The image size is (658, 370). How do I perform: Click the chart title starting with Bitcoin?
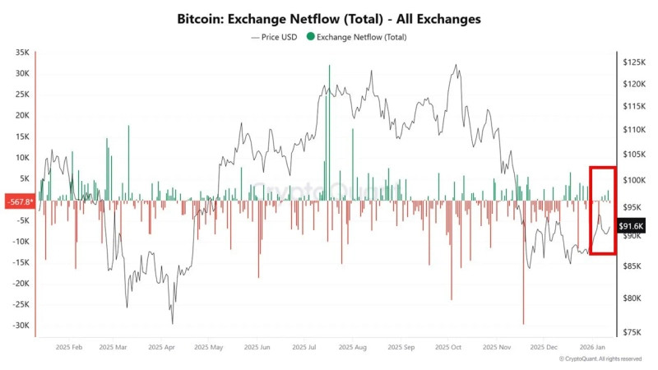click(329, 18)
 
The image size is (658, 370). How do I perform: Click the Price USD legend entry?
click(274, 37)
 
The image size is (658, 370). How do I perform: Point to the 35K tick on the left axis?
click(21, 52)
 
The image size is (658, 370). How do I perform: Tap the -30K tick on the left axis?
click(20, 325)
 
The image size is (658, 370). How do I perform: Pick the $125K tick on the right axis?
click(634, 62)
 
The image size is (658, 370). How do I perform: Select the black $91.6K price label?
click(632, 226)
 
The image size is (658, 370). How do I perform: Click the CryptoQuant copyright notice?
click(600, 359)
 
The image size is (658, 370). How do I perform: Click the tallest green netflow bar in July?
click(328, 132)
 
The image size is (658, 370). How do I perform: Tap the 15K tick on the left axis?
click(21, 136)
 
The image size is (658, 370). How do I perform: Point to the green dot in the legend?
click(309, 37)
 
